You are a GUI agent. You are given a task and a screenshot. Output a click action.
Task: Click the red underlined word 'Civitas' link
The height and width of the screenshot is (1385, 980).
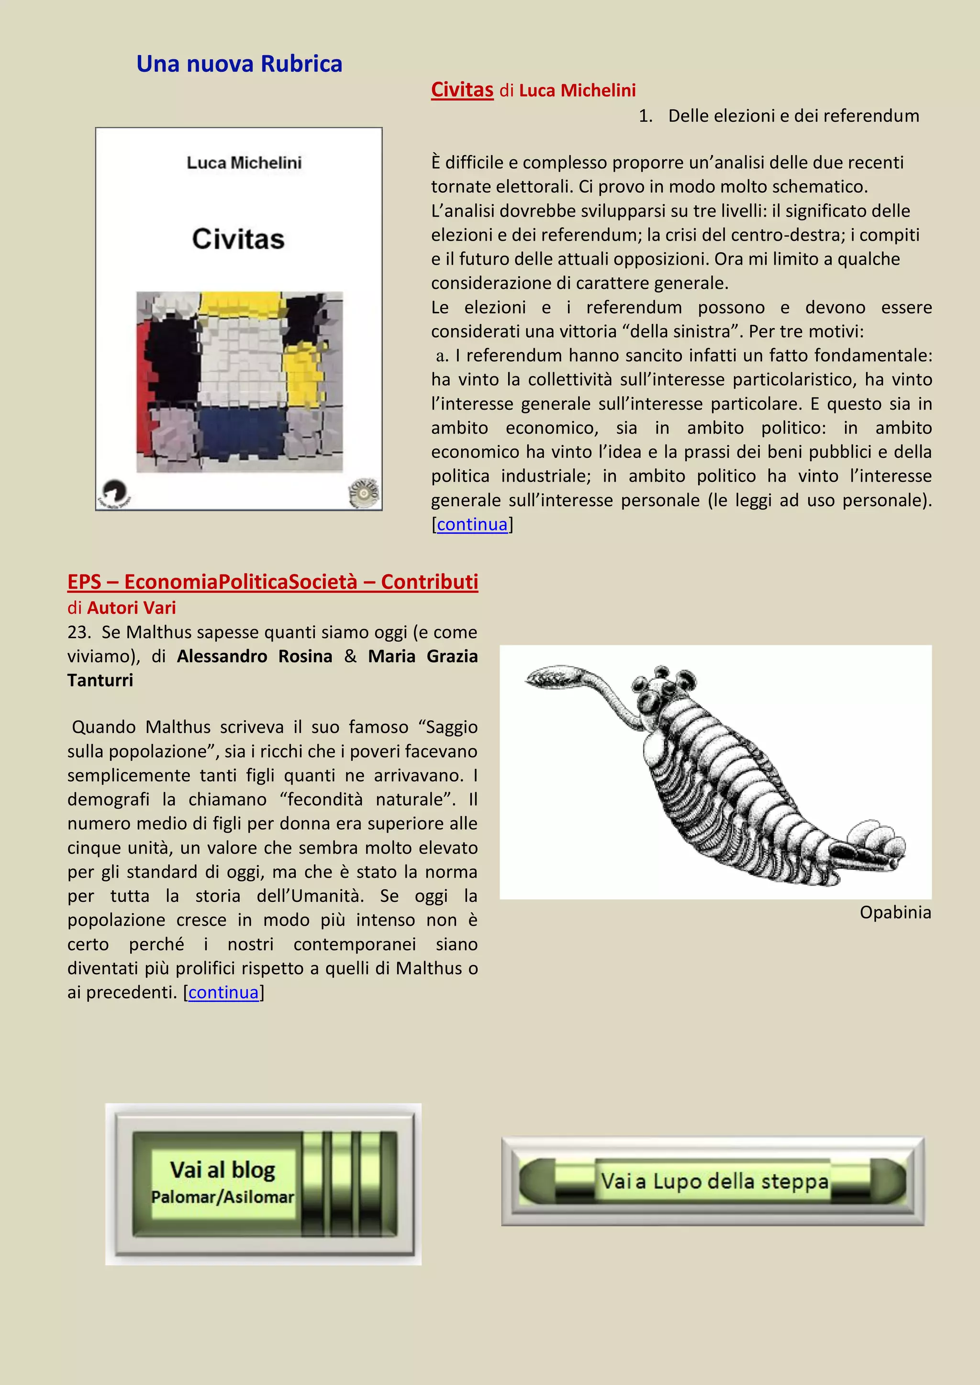[462, 90]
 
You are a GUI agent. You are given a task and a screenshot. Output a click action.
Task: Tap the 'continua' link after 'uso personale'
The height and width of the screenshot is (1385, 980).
[472, 525]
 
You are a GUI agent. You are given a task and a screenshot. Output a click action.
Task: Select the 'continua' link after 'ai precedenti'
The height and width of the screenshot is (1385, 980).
[223, 992]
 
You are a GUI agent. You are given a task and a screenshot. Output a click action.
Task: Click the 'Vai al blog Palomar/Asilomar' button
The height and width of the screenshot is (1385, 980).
[264, 1184]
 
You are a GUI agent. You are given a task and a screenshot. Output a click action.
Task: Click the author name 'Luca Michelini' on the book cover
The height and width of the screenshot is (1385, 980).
[244, 163]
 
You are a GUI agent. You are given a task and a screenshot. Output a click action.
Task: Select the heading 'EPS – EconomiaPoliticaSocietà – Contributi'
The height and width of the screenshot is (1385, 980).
[273, 582]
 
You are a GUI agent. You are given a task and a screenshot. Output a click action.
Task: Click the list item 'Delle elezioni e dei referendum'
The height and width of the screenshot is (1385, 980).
[793, 116]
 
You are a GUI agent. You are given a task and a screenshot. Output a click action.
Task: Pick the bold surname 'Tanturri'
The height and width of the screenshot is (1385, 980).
[100, 680]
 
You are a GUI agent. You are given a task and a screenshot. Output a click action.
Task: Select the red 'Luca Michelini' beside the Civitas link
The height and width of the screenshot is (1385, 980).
[577, 90]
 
